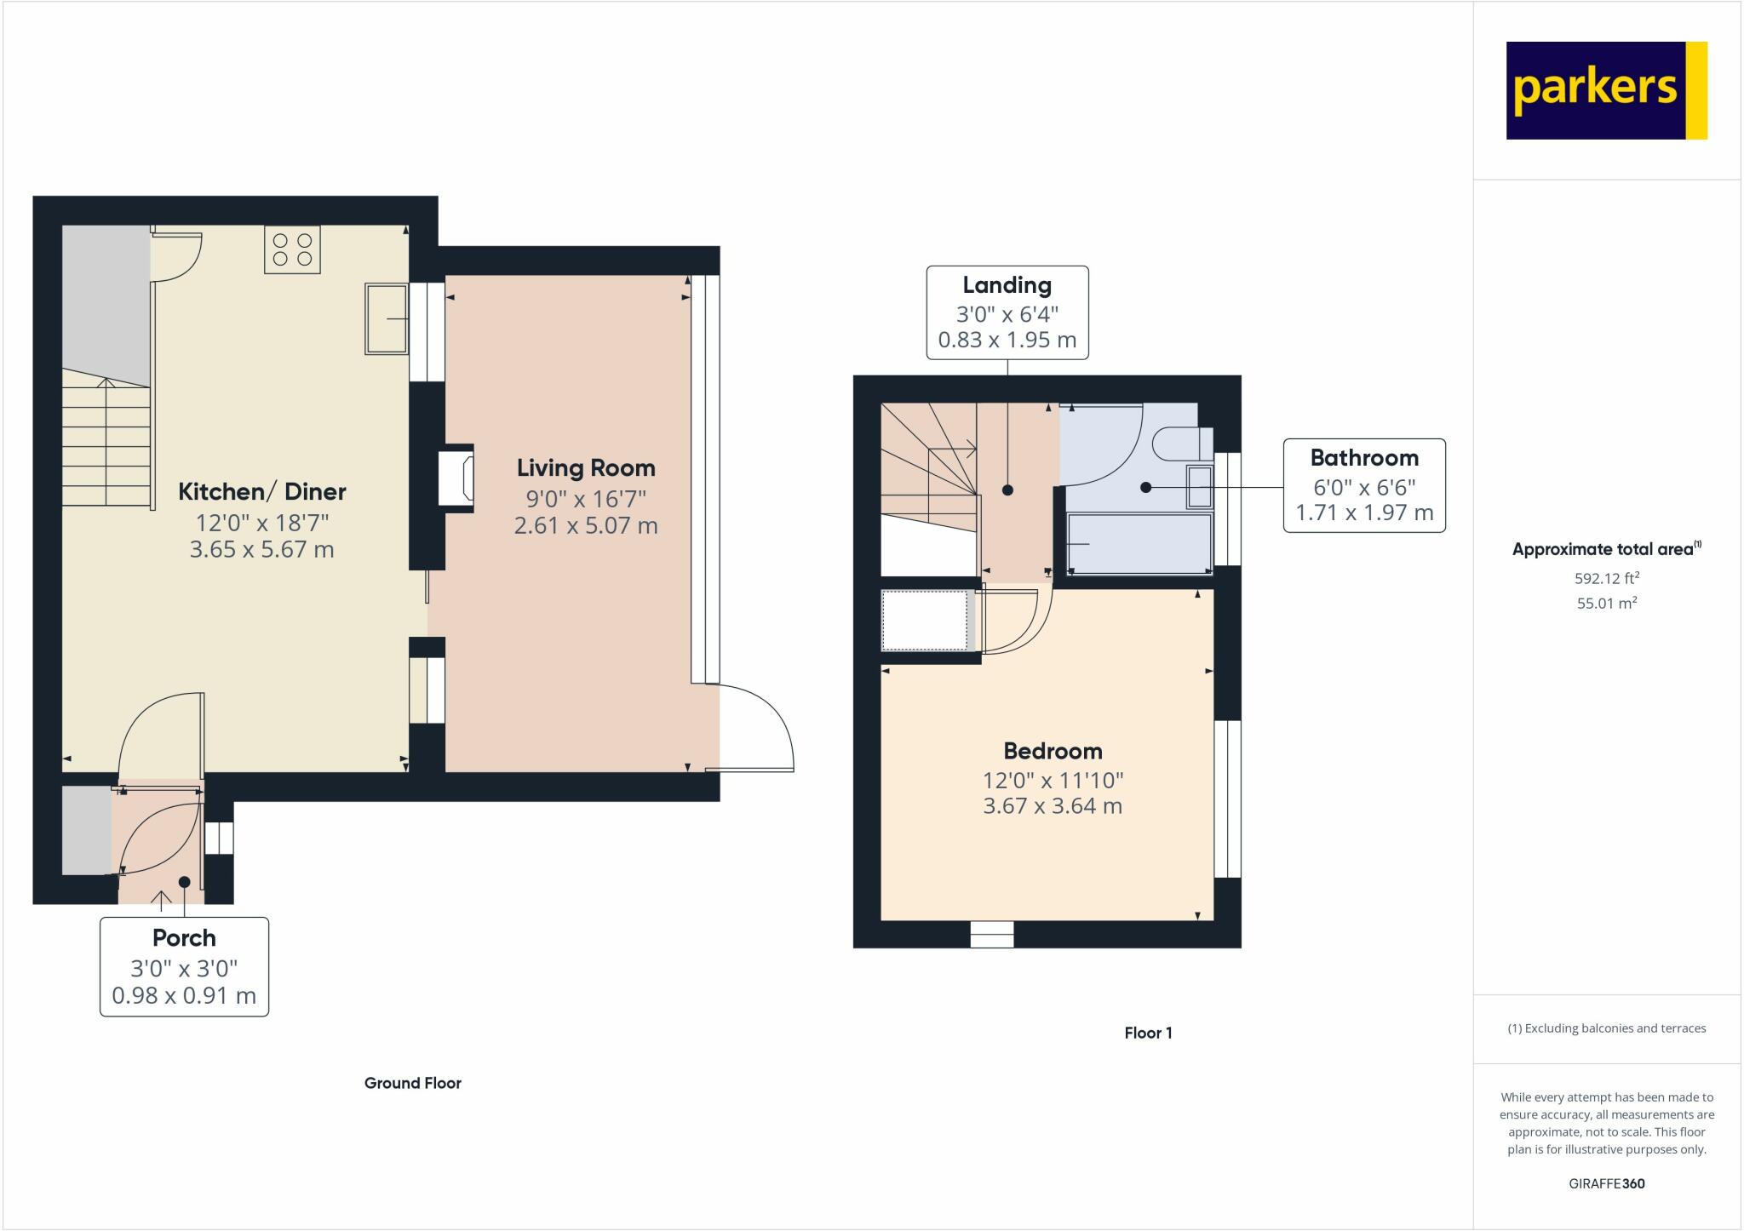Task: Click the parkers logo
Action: (1607, 90)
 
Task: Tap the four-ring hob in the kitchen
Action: (292, 249)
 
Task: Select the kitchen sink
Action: (387, 318)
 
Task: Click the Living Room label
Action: (586, 468)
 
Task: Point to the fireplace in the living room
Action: (456, 478)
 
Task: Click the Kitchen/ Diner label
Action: (262, 492)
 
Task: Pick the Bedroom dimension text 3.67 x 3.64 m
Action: (1053, 806)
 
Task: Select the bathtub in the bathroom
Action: (1139, 543)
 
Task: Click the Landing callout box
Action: (1007, 312)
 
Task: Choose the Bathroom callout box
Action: (1364, 485)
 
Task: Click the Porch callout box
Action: (184, 966)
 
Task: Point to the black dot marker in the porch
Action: (184, 882)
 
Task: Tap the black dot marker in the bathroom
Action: (1146, 487)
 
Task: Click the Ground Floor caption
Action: (413, 1083)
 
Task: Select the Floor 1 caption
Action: (1148, 1033)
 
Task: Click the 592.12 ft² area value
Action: (1607, 578)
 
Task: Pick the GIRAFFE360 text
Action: (1607, 1183)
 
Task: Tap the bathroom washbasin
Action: (1199, 486)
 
